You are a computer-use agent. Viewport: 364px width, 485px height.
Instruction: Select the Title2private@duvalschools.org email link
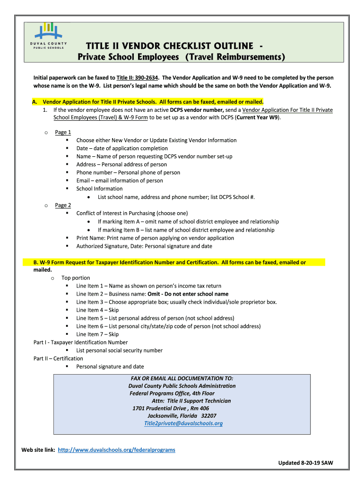183,423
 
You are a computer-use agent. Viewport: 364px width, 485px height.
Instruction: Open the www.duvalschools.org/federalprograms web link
116,449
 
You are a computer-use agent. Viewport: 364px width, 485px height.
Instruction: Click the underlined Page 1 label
63,132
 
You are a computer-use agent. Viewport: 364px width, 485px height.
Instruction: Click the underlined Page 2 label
63,205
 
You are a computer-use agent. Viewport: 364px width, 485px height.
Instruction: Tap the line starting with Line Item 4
97,310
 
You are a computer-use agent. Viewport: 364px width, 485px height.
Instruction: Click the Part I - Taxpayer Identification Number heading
80,342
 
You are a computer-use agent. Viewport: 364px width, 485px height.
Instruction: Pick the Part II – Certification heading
58,359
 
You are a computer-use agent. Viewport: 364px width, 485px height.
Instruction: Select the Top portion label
76,278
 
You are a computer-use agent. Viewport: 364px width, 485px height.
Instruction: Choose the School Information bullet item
99,189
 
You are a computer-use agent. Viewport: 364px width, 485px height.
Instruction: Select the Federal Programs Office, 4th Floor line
172,393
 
